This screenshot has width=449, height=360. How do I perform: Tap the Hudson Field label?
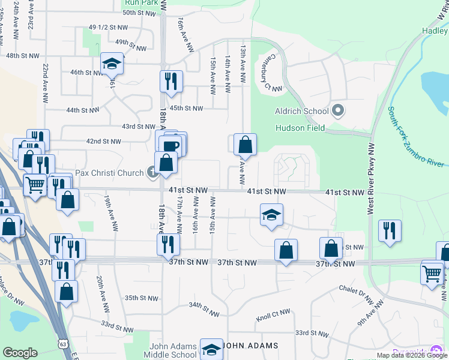tap(300, 128)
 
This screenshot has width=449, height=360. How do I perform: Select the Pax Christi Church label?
tap(110, 173)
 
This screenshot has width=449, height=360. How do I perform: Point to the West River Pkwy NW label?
tap(370, 179)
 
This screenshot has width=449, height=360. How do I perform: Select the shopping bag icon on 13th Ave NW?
tap(245, 145)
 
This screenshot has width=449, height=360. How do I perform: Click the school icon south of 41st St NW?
tap(271, 215)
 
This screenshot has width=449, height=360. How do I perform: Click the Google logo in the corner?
tap(20, 353)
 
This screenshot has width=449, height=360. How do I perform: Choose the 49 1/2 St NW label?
tap(108, 28)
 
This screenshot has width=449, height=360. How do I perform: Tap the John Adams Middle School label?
tap(173, 350)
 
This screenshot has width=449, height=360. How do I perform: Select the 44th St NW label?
tap(82, 110)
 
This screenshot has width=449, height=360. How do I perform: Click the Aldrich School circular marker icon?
tap(337, 110)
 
